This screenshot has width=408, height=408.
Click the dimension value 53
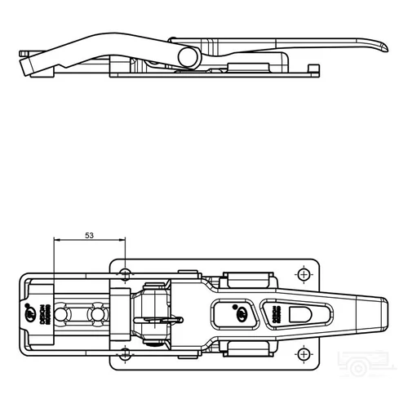(89, 235)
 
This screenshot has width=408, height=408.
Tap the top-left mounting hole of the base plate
(125, 272)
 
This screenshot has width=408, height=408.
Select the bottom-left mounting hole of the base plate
(125, 354)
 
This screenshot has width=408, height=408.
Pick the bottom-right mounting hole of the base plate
(304, 354)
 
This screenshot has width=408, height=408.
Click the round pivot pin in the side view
(188, 56)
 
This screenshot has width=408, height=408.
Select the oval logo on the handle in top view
(241, 313)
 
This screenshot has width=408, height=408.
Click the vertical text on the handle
(275, 313)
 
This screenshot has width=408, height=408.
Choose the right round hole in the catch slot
(98, 313)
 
